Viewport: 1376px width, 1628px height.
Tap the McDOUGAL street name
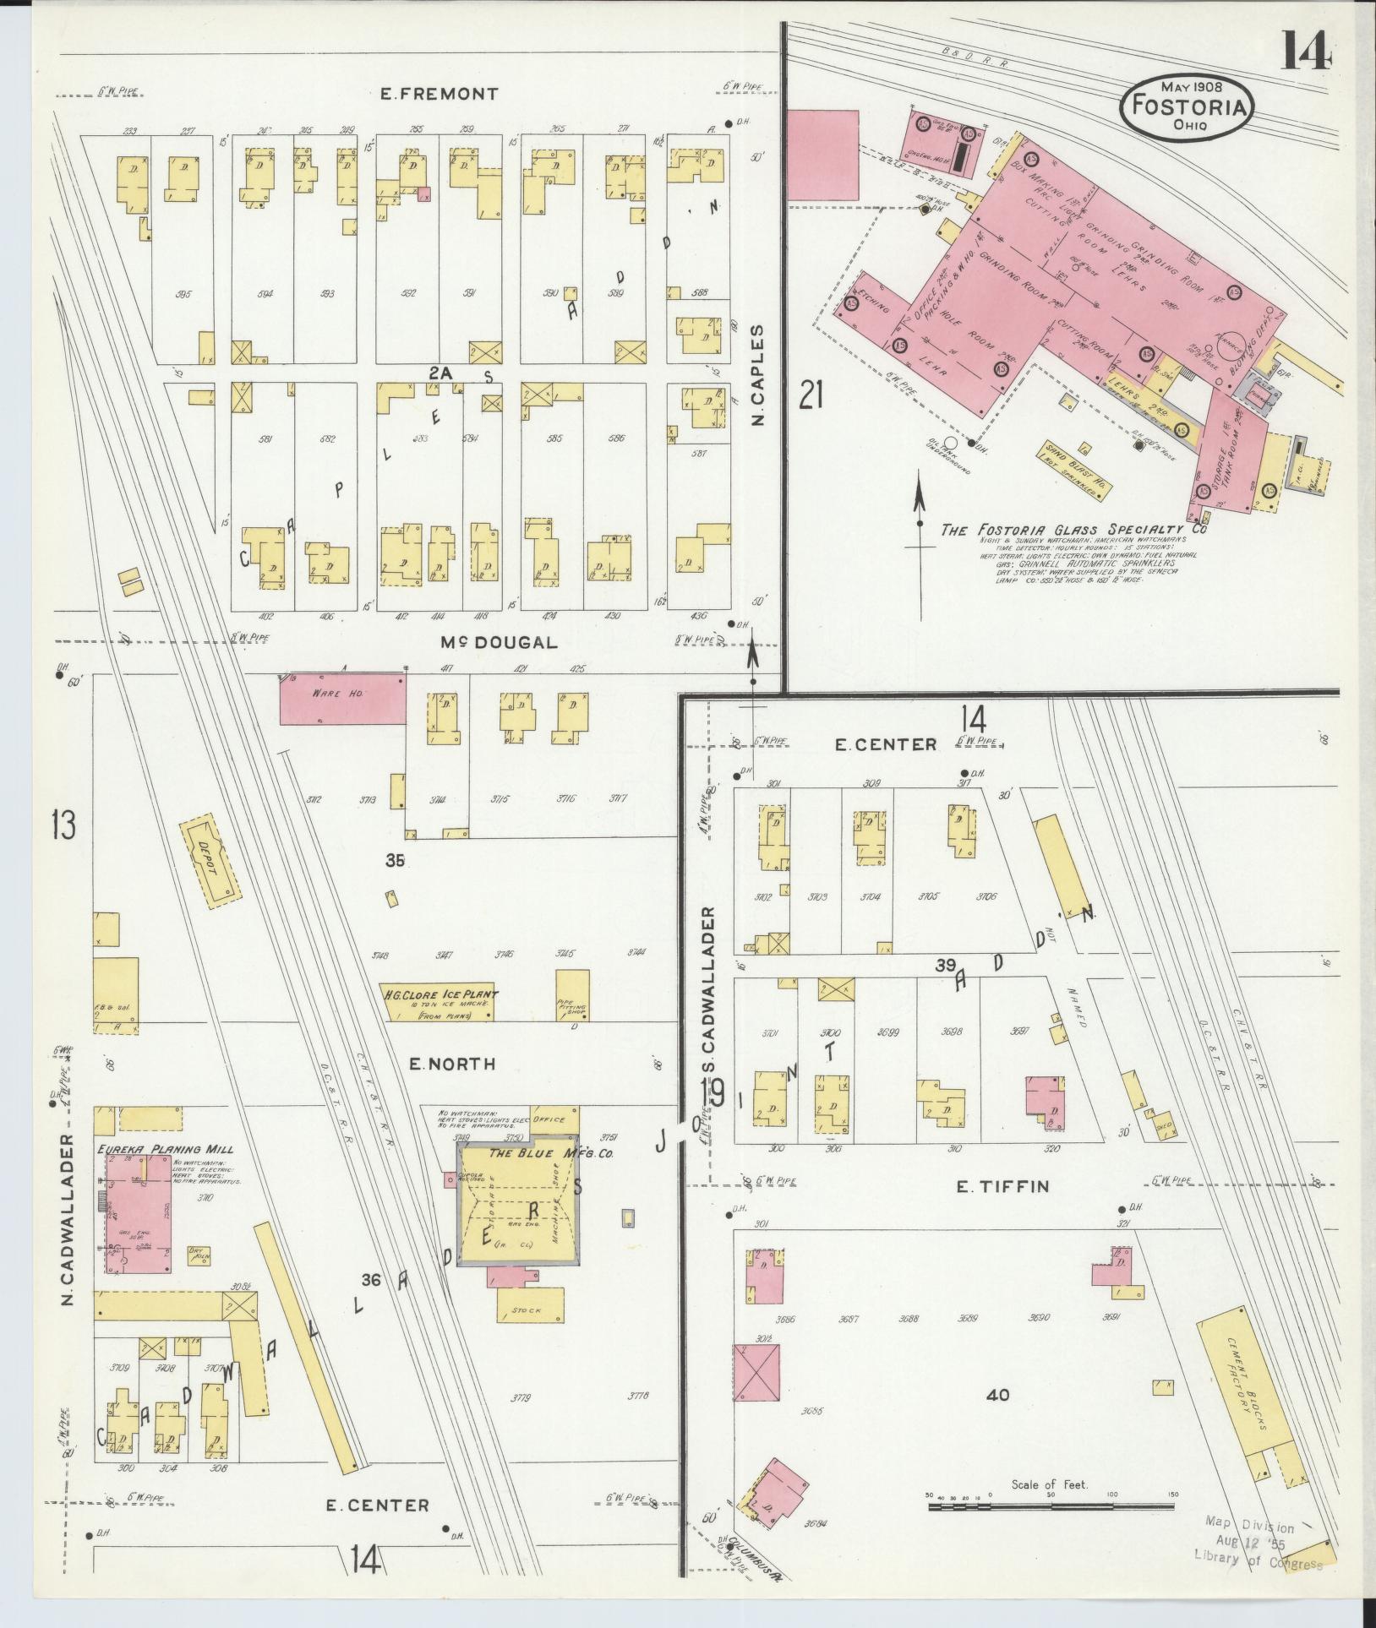tap(499, 642)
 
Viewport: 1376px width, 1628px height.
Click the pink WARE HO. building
tap(342, 698)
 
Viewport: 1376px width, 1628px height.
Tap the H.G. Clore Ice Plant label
tap(440, 995)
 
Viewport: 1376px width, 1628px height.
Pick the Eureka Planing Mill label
tap(165, 1149)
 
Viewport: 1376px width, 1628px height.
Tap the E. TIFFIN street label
tap(1002, 1186)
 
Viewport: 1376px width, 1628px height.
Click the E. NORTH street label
tap(452, 1064)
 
